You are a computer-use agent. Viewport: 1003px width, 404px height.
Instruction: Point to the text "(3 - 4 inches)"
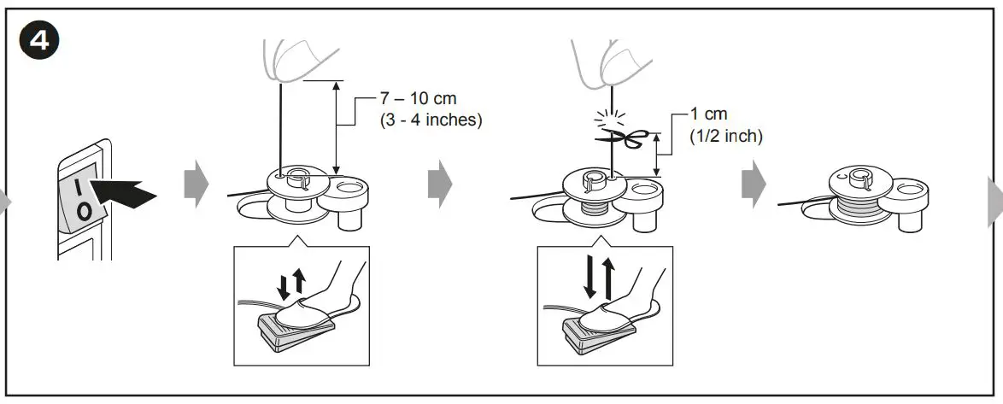tap(431, 120)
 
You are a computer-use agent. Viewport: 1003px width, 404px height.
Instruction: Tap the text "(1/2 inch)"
tap(725, 135)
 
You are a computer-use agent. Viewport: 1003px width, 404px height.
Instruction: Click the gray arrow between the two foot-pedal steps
tap(440, 182)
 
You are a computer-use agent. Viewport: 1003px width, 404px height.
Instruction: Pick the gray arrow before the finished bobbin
tap(753, 182)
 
